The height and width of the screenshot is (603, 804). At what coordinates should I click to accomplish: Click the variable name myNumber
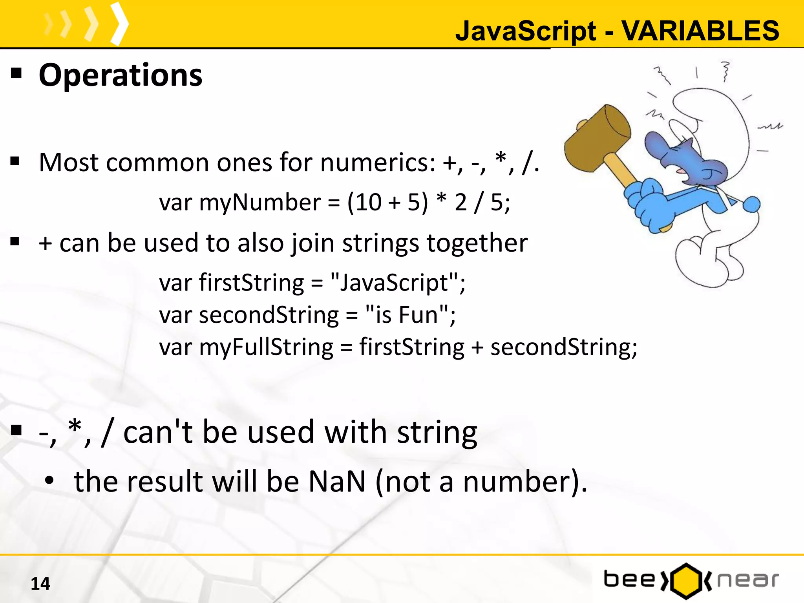pyautogui.click(x=260, y=203)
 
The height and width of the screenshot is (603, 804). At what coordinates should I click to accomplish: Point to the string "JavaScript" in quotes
pyautogui.click(x=394, y=282)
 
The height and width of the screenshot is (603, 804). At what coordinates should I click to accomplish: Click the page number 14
pyautogui.click(x=40, y=584)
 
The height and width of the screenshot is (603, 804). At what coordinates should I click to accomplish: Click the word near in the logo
pyautogui.click(x=747, y=580)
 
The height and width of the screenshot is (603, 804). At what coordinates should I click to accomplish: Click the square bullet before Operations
pyautogui.click(x=16, y=73)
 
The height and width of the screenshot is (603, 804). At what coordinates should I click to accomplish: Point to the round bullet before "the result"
pyautogui.click(x=49, y=481)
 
